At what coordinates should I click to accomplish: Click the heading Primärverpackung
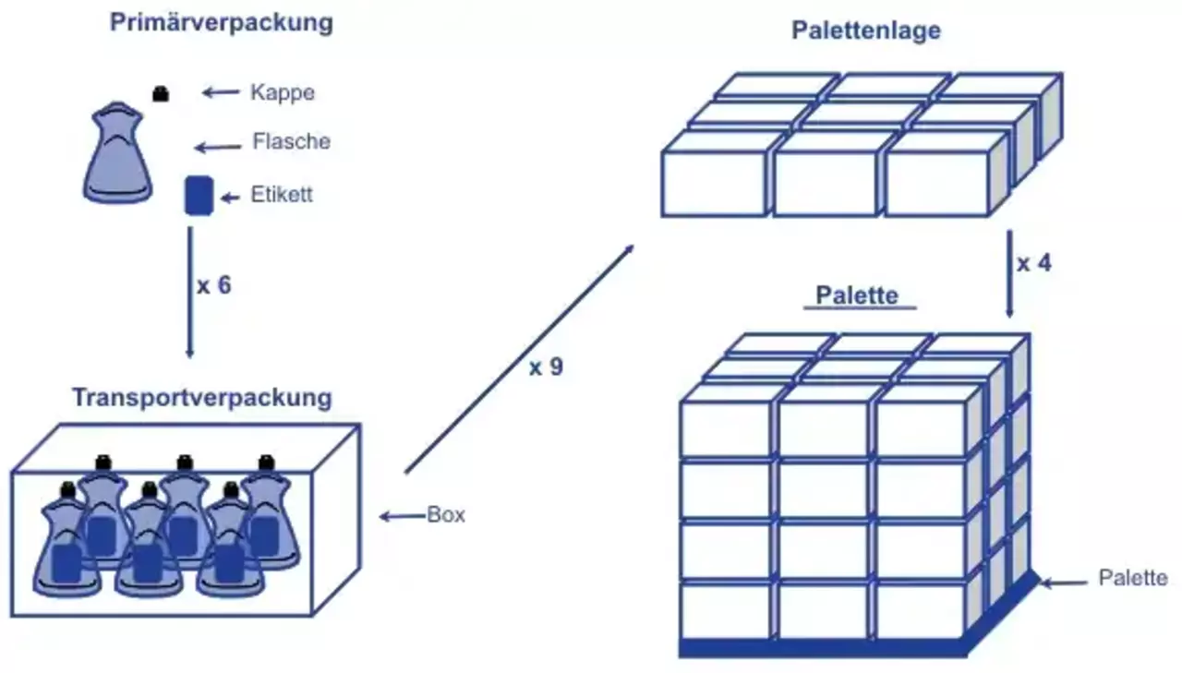pyautogui.click(x=221, y=23)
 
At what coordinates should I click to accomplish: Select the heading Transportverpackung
pyautogui.click(x=201, y=398)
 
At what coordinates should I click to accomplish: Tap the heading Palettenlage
pyautogui.click(x=866, y=30)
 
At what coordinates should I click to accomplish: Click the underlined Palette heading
pyautogui.click(x=857, y=296)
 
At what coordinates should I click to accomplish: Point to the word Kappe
pyautogui.click(x=283, y=92)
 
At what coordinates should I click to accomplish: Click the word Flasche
pyautogui.click(x=291, y=142)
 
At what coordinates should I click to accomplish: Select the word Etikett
pyautogui.click(x=282, y=196)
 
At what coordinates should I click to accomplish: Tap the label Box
pyautogui.click(x=446, y=515)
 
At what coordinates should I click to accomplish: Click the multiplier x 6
pyautogui.click(x=213, y=285)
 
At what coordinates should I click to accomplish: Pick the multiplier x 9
pyautogui.click(x=546, y=367)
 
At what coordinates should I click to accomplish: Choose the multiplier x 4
pyautogui.click(x=1034, y=263)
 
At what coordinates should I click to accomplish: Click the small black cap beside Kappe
pyautogui.click(x=161, y=93)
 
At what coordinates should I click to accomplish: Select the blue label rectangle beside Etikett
pyautogui.click(x=199, y=196)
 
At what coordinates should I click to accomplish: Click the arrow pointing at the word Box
pyautogui.click(x=402, y=516)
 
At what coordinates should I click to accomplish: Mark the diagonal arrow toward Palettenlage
pyautogui.click(x=519, y=359)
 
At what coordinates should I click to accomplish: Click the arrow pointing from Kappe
pyautogui.click(x=221, y=91)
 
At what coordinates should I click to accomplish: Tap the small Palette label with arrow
pyautogui.click(x=1132, y=579)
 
